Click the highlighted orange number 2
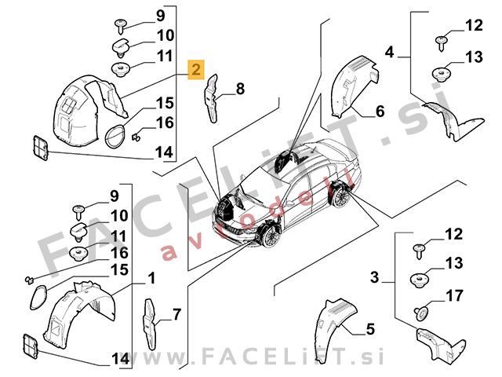[x=196, y=69]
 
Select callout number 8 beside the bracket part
[x=240, y=89]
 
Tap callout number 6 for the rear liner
[x=380, y=112]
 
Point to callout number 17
[x=454, y=295]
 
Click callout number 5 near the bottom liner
[x=370, y=329]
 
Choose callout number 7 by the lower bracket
[x=176, y=314]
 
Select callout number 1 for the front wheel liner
[x=151, y=278]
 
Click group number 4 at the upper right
[x=389, y=52]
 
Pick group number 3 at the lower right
[x=374, y=277]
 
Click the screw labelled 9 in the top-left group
[x=121, y=25]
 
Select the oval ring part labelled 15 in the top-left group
[x=115, y=136]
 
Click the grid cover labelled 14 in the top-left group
[x=40, y=148]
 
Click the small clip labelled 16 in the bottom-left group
[x=30, y=280]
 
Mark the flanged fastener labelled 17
[x=421, y=313]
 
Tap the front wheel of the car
[x=271, y=236]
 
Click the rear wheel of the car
[x=340, y=198]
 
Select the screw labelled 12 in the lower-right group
[x=419, y=251]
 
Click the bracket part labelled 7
[x=150, y=324]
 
